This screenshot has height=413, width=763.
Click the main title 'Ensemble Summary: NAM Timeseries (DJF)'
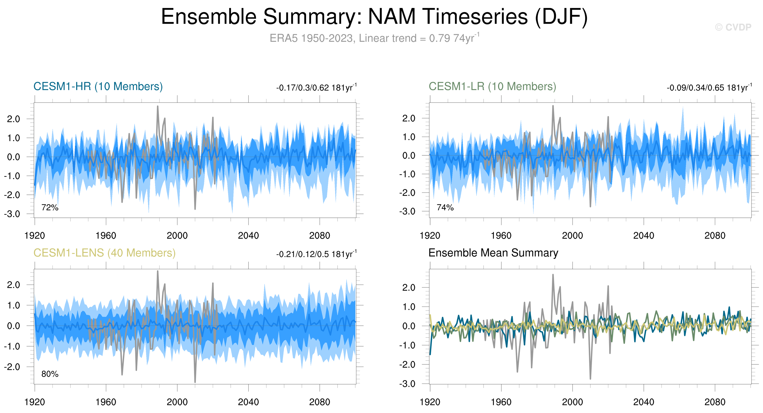coord(374,17)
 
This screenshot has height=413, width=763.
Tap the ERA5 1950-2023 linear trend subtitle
coord(374,38)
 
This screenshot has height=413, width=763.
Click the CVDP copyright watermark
coord(733,27)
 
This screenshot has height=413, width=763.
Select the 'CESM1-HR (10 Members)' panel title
coord(98,86)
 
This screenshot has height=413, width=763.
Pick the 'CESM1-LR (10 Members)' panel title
coord(492,86)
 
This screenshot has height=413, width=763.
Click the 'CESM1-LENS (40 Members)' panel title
coord(104,253)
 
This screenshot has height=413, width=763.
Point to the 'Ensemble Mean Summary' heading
coord(493,253)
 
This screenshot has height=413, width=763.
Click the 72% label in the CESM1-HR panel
coord(50,208)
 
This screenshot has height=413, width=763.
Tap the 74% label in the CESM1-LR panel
coord(445,208)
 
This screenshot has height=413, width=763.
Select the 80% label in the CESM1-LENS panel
coord(50,374)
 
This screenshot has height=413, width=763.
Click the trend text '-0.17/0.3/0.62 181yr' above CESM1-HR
coord(316,88)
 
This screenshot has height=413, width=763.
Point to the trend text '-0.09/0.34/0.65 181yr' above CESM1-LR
coord(709,88)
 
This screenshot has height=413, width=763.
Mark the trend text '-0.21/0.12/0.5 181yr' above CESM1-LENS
coord(316,254)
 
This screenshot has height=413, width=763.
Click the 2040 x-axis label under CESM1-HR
coord(248,236)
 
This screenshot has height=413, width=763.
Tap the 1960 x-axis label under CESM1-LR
coord(501,236)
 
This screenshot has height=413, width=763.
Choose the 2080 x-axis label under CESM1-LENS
coord(319,402)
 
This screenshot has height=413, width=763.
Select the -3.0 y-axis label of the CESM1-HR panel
coord(12,214)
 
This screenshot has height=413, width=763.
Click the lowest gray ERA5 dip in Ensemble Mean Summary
coord(590,378)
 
